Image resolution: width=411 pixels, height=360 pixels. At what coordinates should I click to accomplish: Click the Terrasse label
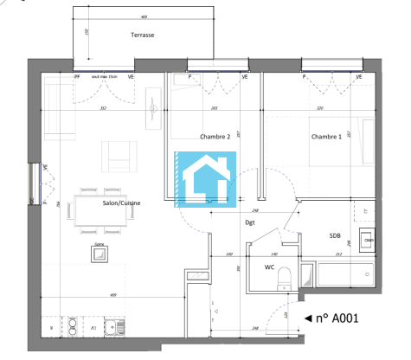coord(143,35)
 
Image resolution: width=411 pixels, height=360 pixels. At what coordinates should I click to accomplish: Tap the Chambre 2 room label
coord(215,137)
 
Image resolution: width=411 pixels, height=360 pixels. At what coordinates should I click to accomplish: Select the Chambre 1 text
coord(326,137)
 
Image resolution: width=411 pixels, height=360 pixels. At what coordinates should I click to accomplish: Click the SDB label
coord(334,235)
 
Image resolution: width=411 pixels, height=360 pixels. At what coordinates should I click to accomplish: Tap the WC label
coord(269,267)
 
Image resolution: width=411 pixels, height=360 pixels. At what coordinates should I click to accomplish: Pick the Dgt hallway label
coord(250,222)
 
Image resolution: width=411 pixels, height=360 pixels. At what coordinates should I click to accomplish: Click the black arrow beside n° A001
coord(308,318)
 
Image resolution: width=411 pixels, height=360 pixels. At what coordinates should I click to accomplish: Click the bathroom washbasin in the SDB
coord(367,240)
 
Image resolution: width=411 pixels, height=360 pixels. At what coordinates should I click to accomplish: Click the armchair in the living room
coord(119,157)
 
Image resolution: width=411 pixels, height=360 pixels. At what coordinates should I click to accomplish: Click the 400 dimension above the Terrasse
coord(143,16)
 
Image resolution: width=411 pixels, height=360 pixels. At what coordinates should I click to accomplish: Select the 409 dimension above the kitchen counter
coord(113,296)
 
